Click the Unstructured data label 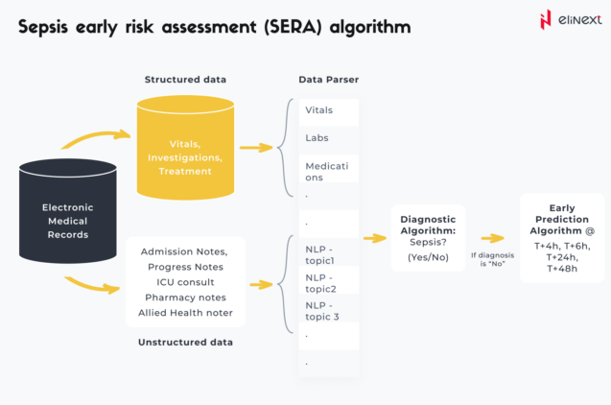(x=185, y=342)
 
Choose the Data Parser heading (x=328, y=79)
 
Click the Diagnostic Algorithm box (x=427, y=237)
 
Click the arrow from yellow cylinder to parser (x=255, y=148)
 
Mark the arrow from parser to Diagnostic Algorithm (x=373, y=236)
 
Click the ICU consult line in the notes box (x=185, y=282)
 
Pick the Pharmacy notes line (x=185, y=298)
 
